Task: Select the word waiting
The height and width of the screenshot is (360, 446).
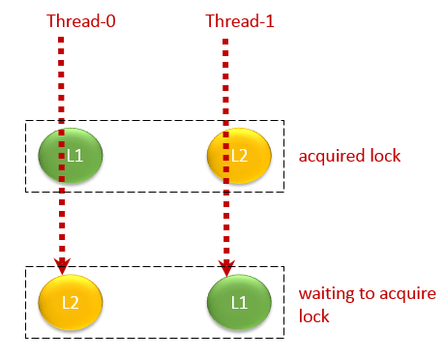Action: pos(323,294)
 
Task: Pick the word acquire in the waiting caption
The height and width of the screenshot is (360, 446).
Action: pos(406,294)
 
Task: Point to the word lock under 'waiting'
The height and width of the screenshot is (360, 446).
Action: pos(313,316)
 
